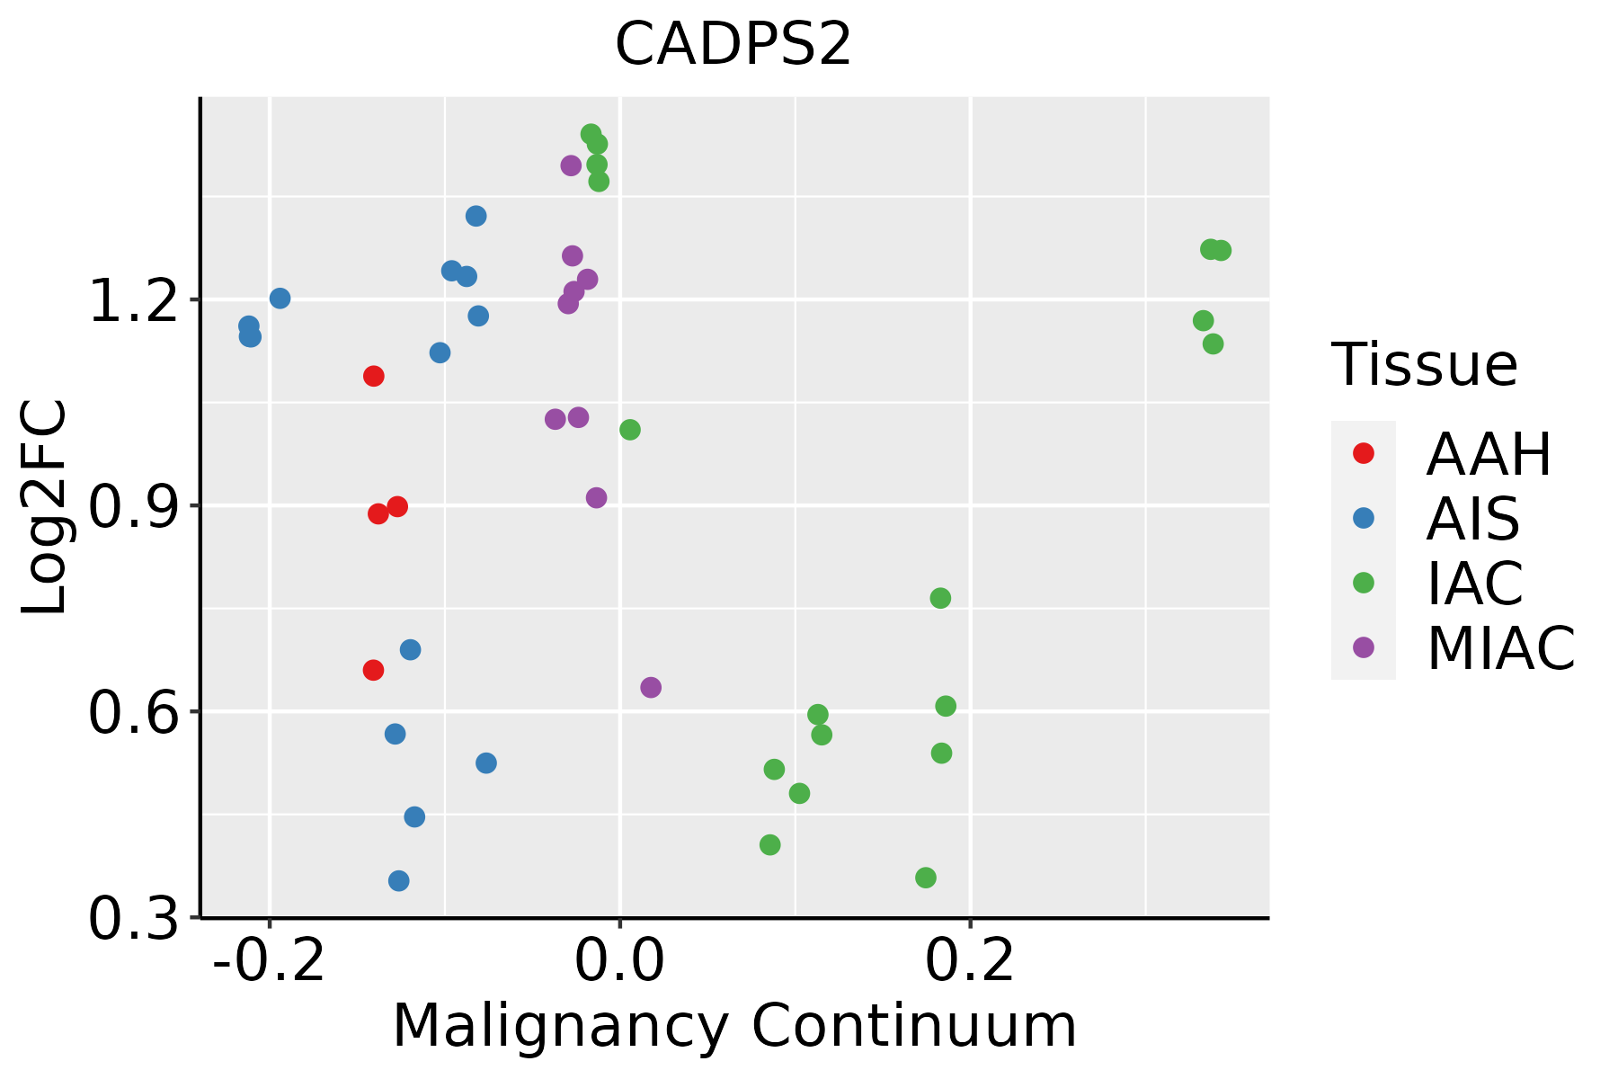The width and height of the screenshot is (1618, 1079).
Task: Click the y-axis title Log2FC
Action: [x=45, y=506]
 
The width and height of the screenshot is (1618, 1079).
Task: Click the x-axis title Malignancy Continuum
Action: [x=734, y=1027]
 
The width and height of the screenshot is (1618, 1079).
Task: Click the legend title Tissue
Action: [x=1425, y=365]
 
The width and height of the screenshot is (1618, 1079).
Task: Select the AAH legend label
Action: [x=1489, y=454]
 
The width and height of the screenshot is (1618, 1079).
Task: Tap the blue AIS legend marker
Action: [x=1364, y=518]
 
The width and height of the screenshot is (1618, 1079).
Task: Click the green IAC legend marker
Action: [x=1364, y=583]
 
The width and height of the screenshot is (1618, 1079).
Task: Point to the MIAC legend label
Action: [x=1501, y=648]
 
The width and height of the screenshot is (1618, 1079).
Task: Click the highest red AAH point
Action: [x=374, y=376]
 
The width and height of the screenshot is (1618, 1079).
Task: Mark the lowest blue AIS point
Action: [x=399, y=880]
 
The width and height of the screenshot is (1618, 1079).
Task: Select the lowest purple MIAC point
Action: [x=651, y=688]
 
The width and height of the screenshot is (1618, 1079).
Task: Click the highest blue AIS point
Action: [x=476, y=216]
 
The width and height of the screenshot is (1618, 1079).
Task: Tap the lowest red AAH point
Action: [x=373, y=670]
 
